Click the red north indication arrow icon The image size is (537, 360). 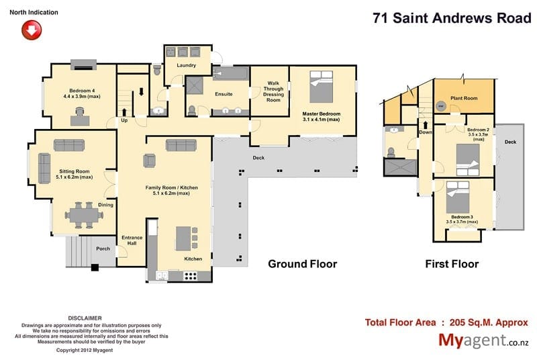pyautogui.click(x=32, y=30)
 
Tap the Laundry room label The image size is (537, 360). pyautogui.click(x=187, y=65)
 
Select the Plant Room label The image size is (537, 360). pyautogui.click(x=464, y=98)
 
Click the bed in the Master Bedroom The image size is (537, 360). pyautogui.click(x=322, y=87)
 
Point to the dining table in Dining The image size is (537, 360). pyautogui.click(x=84, y=216)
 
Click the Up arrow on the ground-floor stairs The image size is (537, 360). pyautogui.click(x=124, y=112)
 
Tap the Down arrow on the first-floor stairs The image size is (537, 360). pyautogui.click(x=426, y=124)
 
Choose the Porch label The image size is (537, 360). pyautogui.click(x=103, y=249)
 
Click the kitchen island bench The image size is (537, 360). pyautogui.click(x=183, y=238)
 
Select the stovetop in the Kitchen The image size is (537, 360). pyautogui.click(x=191, y=276)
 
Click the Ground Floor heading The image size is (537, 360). pyautogui.click(x=303, y=264)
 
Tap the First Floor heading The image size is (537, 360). pyautogui.click(x=452, y=264)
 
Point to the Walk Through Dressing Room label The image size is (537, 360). pyautogui.click(x=273, y=91)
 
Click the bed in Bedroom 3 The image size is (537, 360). pyautogui.click(x=458, y=197)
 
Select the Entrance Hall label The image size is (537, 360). pyautogui.click(x=132, y=240)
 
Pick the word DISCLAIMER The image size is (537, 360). pyautogui.click(x=85, y=318)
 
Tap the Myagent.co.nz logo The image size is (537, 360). pyautogui.click(x=483, y=340)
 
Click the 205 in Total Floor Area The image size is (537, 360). pyautogui.click(x=458, y=322)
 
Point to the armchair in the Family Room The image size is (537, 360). pyautogui.click(x=149, y=161)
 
